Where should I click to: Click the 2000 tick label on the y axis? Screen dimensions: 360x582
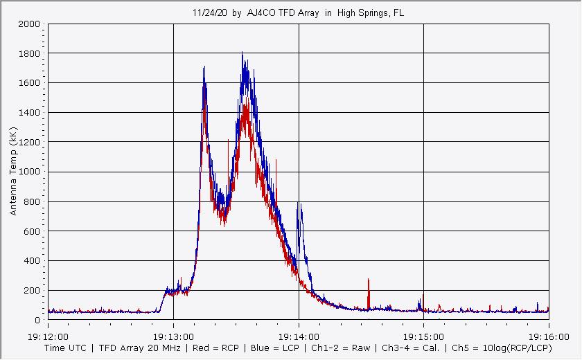(29, 24)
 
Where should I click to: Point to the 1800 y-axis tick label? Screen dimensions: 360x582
(29, 54)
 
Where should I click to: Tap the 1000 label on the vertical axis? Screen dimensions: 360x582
(29, 172)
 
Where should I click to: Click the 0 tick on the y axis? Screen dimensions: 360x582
(37, 321)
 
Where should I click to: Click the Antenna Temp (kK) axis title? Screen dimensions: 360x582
(13, 170)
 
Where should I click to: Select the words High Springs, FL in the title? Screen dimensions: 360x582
(371, 13)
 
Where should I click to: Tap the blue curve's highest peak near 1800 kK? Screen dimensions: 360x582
(242, 53)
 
